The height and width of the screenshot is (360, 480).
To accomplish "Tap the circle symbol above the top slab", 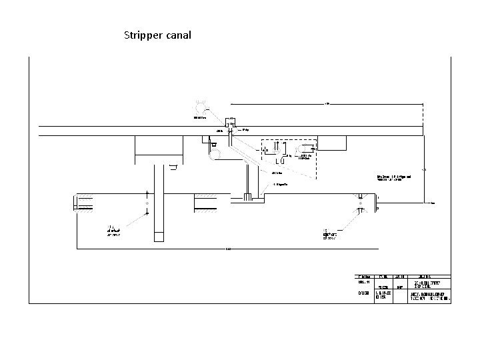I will (x=200, y=106).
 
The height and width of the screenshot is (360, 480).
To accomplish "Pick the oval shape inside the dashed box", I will (x=309, y=147).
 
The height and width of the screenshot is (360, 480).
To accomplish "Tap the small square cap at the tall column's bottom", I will (x=159, y=235).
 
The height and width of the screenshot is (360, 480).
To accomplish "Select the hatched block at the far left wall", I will (x=86, y=203).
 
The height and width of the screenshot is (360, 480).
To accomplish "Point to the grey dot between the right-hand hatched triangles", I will (x=361, y=203).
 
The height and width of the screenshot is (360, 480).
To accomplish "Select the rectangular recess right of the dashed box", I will (x=333, y=142).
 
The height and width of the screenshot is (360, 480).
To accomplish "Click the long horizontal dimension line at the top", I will (x=327, y=104).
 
